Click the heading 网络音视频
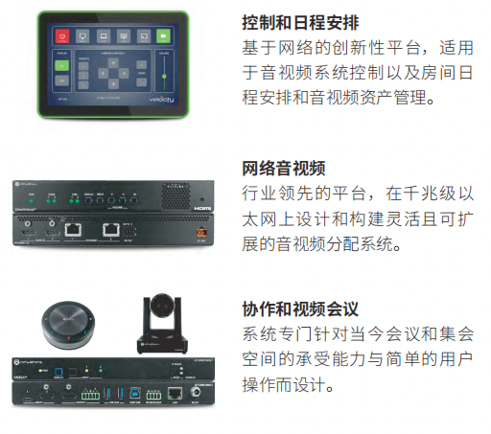point(284,169)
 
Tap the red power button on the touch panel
point(63,34)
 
